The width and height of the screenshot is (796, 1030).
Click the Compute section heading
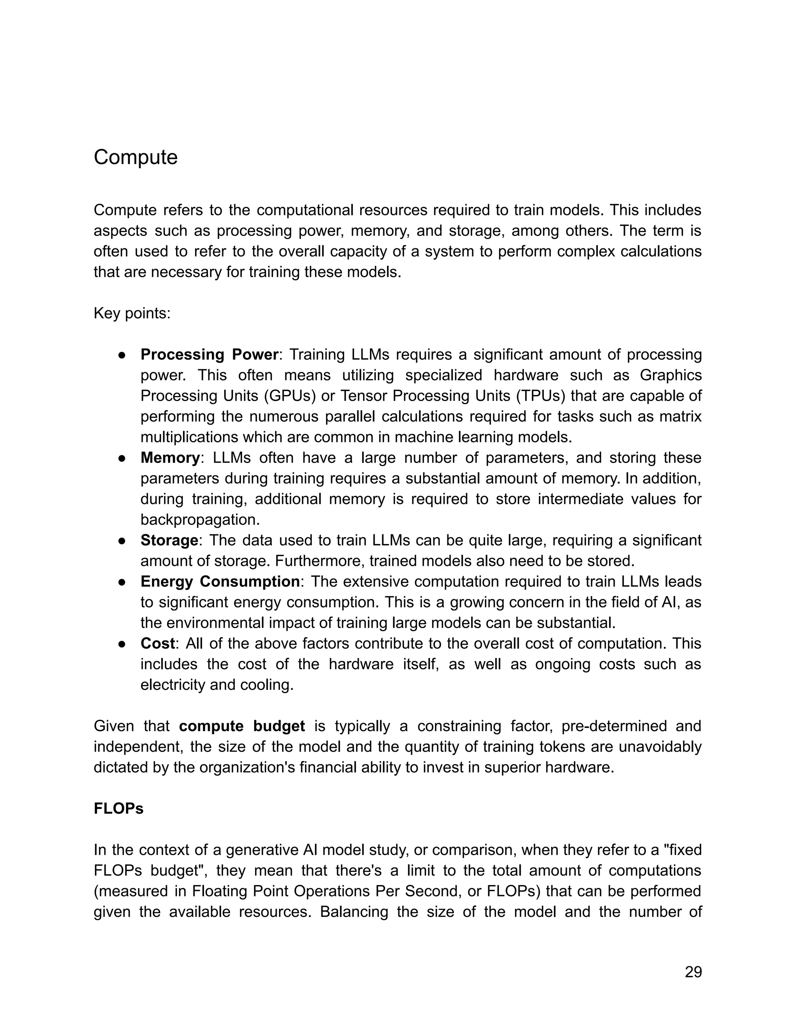point(135,157)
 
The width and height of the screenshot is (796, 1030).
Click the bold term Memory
point(170,457)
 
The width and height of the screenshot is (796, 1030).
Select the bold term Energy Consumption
point(220,581)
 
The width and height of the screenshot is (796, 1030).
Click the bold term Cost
point(157,643)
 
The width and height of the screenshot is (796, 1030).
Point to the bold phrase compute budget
point(242,726)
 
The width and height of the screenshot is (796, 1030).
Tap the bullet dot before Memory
point(122,458)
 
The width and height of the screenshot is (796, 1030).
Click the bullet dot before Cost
point(122,644)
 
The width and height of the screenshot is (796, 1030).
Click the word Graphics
point(670,375)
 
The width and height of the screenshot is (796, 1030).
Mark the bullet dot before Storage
point(122,541)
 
